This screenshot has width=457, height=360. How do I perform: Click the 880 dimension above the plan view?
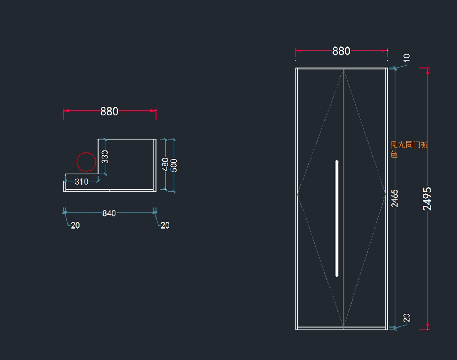pos(109,111)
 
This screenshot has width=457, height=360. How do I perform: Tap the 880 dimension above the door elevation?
pos(341,51)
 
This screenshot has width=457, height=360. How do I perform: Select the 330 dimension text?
pos(105,157)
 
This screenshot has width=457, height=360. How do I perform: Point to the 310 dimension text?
pos(81,182)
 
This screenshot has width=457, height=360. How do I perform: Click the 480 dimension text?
pos(165,164)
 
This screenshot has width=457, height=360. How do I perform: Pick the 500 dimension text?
pos(174,165)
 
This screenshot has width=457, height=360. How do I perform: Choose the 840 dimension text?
pos(109,213)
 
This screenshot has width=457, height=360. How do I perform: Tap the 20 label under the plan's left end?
pos(75,226)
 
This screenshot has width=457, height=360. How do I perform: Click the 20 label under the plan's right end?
pos(165,226)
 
